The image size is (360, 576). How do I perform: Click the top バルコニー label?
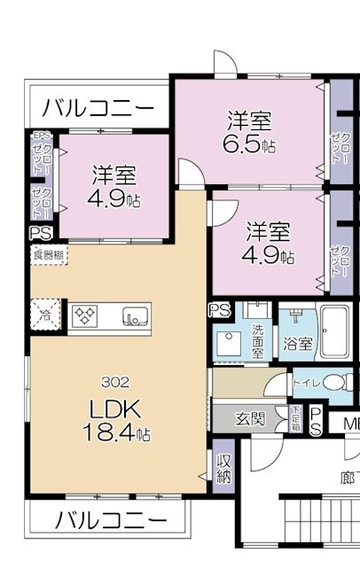(x=98, y=108)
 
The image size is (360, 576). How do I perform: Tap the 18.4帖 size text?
(x=117, y=436)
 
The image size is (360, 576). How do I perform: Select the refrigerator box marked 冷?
(x=43, y=315)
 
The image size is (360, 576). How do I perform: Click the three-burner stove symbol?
(x=86, y=315)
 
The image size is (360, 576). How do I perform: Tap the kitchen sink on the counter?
(x=133, y=315)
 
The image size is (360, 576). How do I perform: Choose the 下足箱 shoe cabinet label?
(x=294, y=416)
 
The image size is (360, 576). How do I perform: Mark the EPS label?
(x=40, y=136)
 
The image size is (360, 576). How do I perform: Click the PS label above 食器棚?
(x=40, y=233)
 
